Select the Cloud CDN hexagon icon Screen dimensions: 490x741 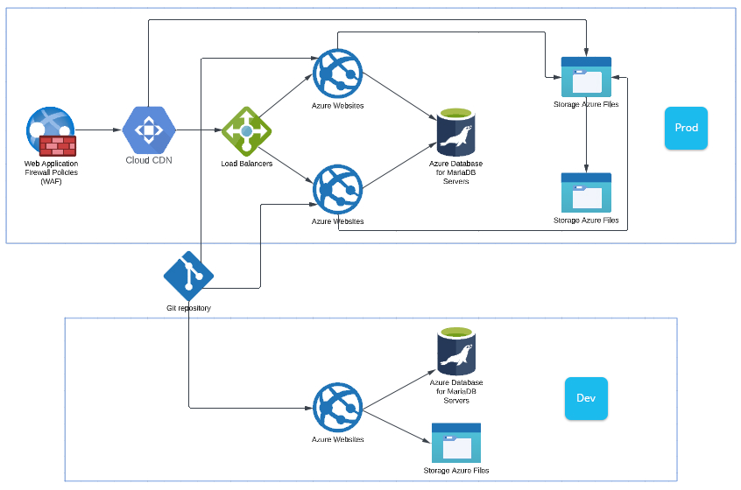[x=148, y=130]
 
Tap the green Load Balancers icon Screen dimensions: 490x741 [x=246, y=131]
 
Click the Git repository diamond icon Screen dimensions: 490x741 [x=188, y=276]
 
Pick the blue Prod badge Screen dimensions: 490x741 [x=686, y=128]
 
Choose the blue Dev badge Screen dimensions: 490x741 [x=586, y=398]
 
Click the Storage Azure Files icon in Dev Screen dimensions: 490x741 [x=456, y=444]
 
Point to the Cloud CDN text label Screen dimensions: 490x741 [x=149, y=160]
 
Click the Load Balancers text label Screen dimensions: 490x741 [x=246, y=164]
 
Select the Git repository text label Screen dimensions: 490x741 [x=188, y=308]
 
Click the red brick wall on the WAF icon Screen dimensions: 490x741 [x=58, y=145]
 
